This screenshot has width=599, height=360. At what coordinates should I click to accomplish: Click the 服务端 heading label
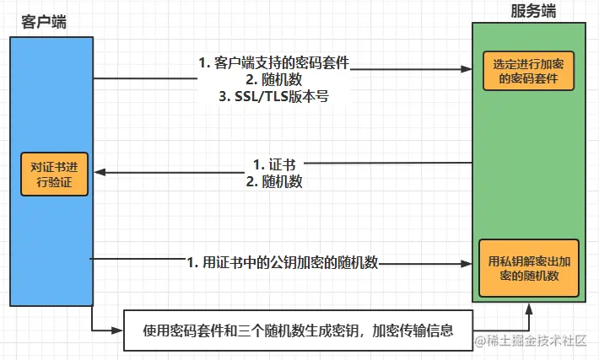point(533,11)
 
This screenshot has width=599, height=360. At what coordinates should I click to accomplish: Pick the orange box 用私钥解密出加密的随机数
point(530,268)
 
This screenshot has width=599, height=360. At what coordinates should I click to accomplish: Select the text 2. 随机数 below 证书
point(274,180)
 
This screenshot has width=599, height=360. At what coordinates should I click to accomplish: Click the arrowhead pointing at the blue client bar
point(100,172)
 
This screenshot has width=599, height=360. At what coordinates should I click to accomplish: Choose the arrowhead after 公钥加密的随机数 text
point(466,263)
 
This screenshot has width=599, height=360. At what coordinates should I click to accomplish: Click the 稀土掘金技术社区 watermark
point(533,340)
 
